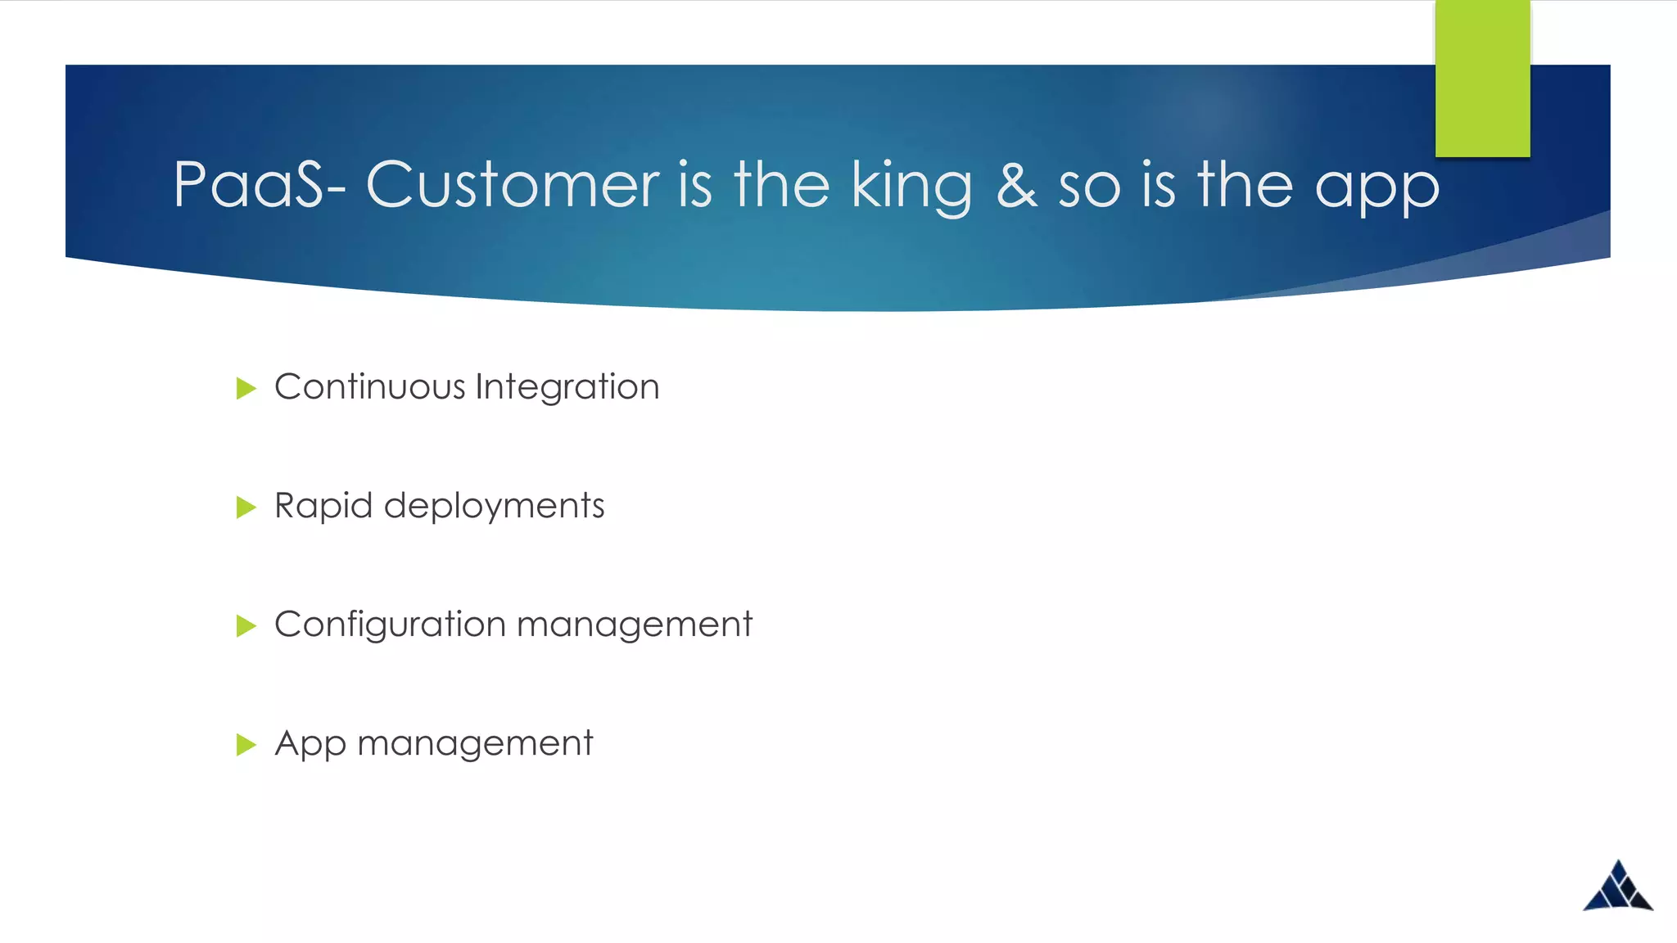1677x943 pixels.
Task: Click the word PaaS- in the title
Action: point(259,185)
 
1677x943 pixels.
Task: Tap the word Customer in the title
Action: point(513,185)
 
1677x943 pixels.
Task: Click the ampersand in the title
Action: point(1016,185)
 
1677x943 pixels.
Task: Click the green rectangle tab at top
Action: point(1482,79)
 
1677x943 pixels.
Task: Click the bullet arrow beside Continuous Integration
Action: point(246,388)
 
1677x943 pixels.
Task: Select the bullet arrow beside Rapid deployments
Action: point(246,508)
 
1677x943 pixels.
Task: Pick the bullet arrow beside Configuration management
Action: point(246,626)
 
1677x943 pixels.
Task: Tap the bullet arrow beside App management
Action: point(246,745)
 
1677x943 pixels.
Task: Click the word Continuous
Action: point(370,386)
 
